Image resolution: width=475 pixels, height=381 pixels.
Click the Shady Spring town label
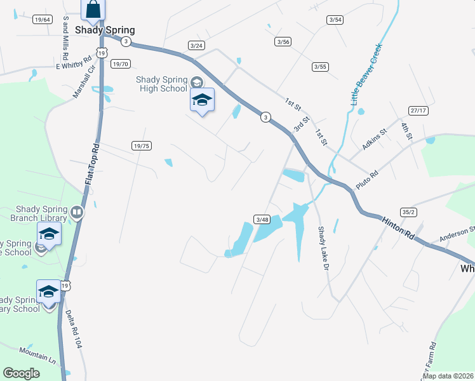click(105, 30)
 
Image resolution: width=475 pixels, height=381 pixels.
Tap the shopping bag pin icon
click(93, 10)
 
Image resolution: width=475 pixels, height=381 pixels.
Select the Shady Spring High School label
click(162, 84)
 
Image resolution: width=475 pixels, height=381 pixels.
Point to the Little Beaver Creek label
click(365, 74)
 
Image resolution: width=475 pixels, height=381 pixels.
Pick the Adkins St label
click(374, 140)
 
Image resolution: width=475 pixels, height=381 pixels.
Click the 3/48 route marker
click(262, 219)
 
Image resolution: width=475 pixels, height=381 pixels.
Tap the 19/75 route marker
click(142, 145)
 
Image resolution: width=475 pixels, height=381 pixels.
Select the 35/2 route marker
click(409, 212)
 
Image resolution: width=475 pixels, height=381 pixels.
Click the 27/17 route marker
click(418, 110)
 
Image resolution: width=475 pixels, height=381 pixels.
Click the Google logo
click(21, 373)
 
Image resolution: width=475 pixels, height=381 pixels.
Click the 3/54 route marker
click(335, 20)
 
